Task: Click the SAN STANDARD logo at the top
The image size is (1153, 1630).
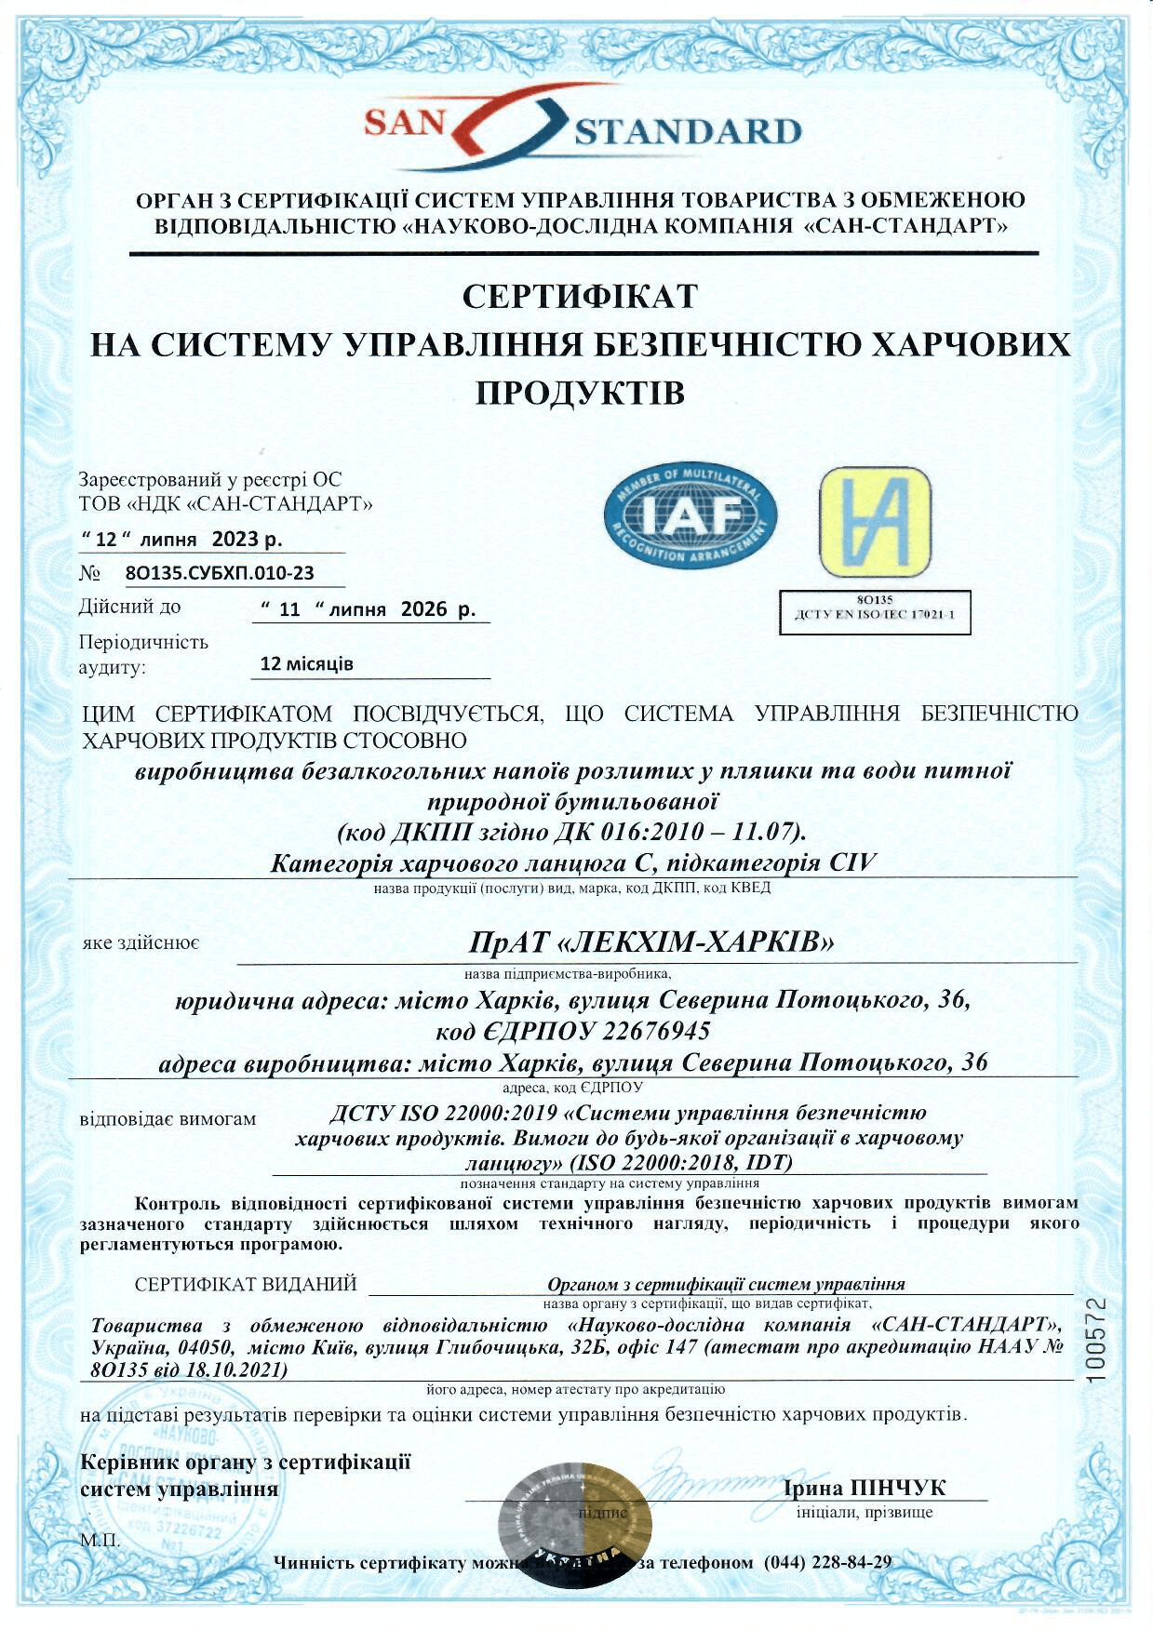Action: [582, 127]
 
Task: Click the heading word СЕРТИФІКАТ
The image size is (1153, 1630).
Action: [580, 297]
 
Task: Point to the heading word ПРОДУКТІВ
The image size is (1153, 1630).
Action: [580, 393]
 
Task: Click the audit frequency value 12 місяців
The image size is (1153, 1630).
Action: [306, 664]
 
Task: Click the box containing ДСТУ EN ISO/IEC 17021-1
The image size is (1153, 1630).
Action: [874, 612]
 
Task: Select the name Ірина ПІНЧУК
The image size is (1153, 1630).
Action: [865, 1489]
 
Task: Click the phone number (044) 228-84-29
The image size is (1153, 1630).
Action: [827, 1561]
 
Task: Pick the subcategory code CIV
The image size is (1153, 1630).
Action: [851, 862]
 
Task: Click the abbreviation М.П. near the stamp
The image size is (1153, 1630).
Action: [101, 1541]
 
